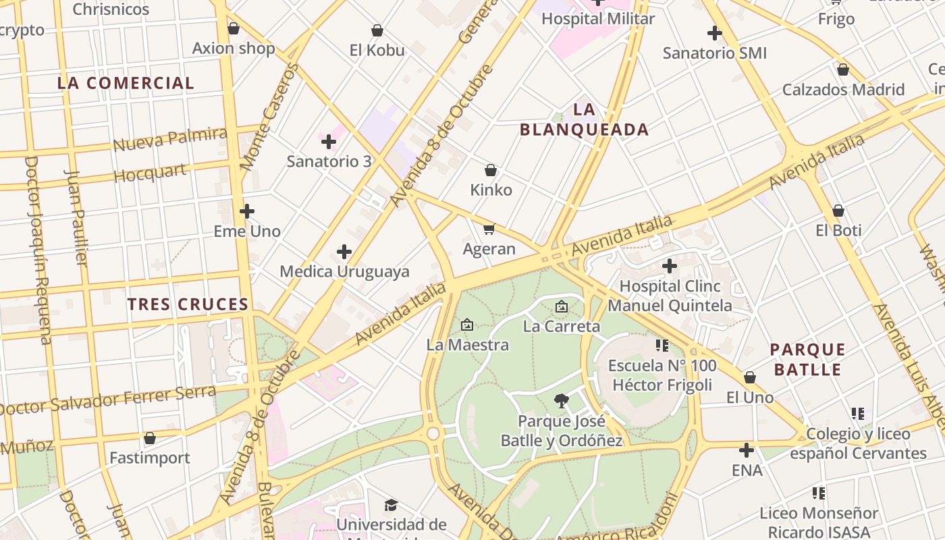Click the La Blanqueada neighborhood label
tap(584, 119)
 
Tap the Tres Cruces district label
tap(188, 304)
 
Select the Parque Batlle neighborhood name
tap(808, 359)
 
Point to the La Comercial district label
tap(126, 83)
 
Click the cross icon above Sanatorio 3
tap(329, 142)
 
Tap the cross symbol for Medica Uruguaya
tap(344, 252)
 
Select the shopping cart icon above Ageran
tap(489, 230)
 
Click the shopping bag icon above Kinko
tap(491, 170)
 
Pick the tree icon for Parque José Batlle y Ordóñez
tap(561, 401)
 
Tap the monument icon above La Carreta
tap(561, 306)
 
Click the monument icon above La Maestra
tap(466, 325)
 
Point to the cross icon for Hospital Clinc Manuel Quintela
tap(670, 266)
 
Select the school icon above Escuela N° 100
tap(661, 346)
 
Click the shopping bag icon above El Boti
tap(838, 211)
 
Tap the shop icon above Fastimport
tap(150, 438)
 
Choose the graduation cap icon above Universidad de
tap(391, 505)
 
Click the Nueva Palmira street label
tap(169, 138)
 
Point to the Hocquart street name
tap(150, 173)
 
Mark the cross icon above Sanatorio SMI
tap(715, 32)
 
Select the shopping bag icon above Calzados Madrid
tap(842, 70)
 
